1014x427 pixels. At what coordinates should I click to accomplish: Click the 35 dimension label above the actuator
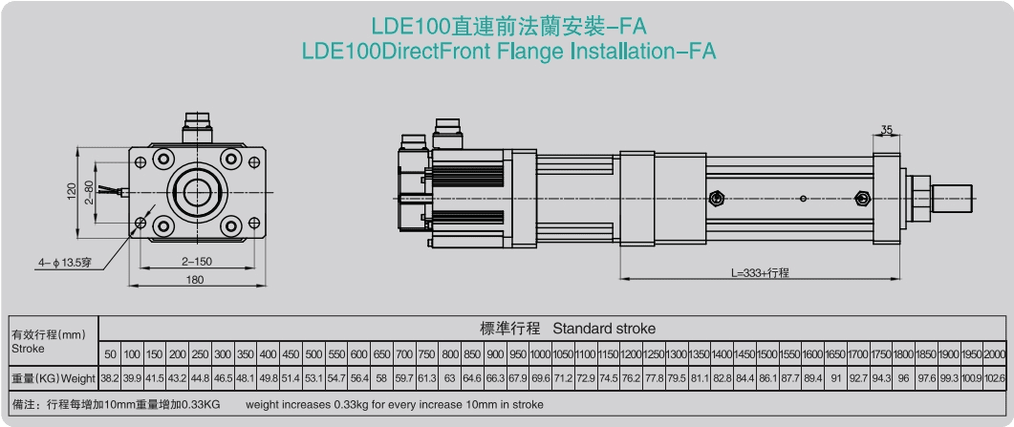[887, 130]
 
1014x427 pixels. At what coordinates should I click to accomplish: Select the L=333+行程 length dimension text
[760, 273]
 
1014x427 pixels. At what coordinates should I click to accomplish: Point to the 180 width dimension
[195, 280]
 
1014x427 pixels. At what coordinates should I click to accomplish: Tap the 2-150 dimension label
[197, 262]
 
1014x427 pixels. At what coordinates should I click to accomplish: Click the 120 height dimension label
[72, 190]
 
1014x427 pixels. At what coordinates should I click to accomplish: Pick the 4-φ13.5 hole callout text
[67, 263]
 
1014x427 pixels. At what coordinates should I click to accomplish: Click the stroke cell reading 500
[313, 354]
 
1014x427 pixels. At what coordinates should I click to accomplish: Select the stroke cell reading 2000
[995, 354]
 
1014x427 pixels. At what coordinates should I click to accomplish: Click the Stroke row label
[29, 348]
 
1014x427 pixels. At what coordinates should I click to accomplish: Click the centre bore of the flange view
[197, 192]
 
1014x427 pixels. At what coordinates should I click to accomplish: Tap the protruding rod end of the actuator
[952, 199]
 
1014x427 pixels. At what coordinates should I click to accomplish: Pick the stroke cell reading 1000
[540, 354]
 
